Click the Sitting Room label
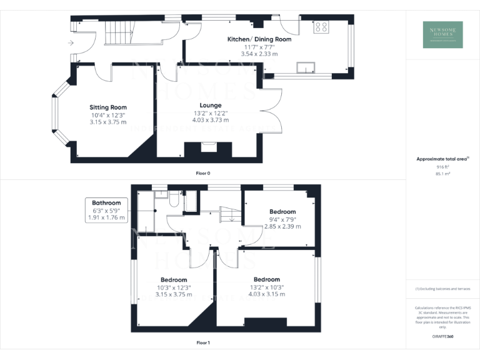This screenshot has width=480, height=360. (108, 107)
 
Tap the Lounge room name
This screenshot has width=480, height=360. (210, 105)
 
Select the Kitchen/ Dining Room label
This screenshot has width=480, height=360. (259, 39)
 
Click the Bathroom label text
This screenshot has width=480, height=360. (106, 203)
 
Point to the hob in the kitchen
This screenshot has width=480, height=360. (322, 27)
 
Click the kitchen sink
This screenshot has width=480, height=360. (306, 67)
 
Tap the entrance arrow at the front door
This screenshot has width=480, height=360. (71, 42)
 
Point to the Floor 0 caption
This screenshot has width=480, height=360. (204, 172)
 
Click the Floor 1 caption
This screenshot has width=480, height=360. (204, 342)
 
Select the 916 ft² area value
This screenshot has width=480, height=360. (442, 167)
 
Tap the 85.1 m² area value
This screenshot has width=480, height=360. (442, 174)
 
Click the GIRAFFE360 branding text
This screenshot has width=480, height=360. (442, 337)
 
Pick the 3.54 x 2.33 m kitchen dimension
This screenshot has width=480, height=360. (259, 54)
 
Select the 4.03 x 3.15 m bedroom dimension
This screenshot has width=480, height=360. (266, 294)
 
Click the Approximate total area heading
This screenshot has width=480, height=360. (441, 159)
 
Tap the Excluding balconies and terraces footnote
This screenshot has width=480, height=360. (442, 289)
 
